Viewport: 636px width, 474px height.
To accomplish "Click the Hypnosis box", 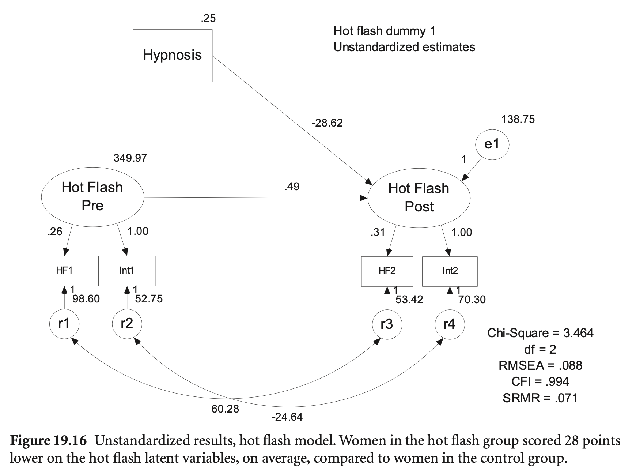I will pos(172,55).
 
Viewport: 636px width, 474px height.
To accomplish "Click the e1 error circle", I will pos(492,144).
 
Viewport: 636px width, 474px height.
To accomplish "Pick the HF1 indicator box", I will pos(64,271).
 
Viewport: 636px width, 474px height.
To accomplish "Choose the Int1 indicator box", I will pos(127,271).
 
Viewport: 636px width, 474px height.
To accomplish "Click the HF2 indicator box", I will pos(387,271).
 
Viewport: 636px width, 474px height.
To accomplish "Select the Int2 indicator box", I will pos(450,271).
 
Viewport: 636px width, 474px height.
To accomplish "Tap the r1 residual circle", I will pos(64,324).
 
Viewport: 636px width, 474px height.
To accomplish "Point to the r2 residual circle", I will pos(127,324).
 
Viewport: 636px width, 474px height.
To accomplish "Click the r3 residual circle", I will pos(387,324).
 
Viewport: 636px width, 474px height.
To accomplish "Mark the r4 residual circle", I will pos(450,324).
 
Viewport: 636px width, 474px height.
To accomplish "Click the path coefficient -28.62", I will pos(327,123).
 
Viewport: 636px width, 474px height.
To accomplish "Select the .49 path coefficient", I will pos(292,187).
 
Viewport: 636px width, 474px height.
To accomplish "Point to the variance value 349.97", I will pos(130,158).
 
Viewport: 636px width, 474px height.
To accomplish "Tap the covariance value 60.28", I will pos(225,409).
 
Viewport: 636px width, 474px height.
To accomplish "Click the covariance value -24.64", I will pos(287,417).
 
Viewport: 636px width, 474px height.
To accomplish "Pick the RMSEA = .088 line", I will pos(540,365).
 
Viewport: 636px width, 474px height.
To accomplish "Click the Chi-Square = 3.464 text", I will pos(540,333).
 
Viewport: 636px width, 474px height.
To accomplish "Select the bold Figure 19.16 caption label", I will pos(49,441).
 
